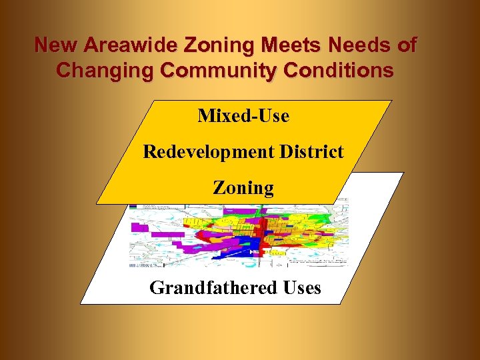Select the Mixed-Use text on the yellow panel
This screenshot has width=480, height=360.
click(x=243, y=116)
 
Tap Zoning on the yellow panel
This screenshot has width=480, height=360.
click(x=243, y=188)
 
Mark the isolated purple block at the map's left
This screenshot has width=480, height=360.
click(x=139, y=227)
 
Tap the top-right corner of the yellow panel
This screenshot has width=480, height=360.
click(x=391, y=101)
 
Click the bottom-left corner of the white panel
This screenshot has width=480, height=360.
click(x=81, y=303)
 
